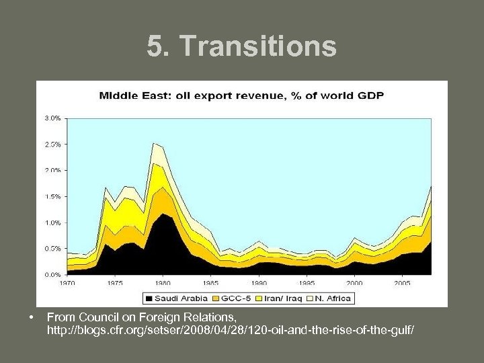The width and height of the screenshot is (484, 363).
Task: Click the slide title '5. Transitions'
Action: (x=242, y=46)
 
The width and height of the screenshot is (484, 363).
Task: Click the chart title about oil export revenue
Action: (x=241, y=95)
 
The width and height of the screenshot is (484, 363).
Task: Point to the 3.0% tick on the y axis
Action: (x=52, y=118)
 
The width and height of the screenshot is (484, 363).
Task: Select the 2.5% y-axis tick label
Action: (x=52, y=144)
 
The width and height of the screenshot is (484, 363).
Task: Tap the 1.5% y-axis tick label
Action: (x=52, y=196)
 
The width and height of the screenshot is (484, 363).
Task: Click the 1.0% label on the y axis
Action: (x=52, y=223)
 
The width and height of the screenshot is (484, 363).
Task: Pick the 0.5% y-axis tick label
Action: (x=52, y=249)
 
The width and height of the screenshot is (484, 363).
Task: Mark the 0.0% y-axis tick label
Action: (x=52, y=275)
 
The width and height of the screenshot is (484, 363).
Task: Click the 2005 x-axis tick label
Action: (x=402, y=284)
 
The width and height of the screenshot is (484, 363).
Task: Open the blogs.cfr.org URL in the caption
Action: (x=231, y=330)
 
